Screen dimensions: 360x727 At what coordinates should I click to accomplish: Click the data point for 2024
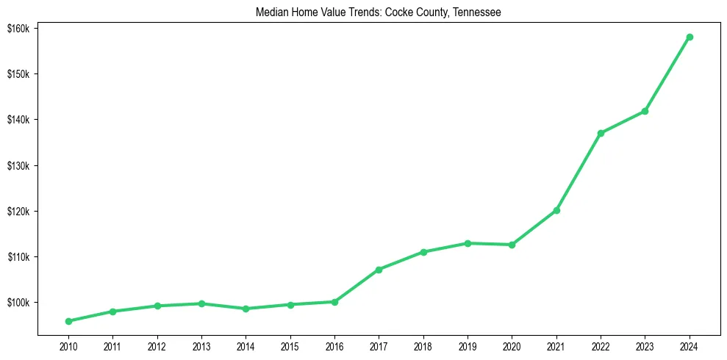pos(690,37)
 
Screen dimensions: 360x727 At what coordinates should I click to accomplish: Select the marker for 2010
pos(68,321)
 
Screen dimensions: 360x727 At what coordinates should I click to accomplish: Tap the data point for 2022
pos(601,133)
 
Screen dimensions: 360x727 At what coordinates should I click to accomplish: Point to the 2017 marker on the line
pos(379,270)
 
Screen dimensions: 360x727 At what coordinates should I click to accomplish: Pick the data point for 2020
pos(512,245)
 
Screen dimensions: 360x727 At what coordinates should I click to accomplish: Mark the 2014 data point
pos(246,309)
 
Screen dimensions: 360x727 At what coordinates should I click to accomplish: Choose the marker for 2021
pos(556,210)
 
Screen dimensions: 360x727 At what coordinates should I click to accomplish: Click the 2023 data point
pos(645,111)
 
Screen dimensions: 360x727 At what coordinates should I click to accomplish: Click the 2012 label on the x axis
pos(157,346)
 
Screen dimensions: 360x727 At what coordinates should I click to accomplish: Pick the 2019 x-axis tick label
pos(468,346)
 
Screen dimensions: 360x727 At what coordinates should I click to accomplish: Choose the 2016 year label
pos(334,346)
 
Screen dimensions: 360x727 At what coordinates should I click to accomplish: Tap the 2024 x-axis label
pos(690,346)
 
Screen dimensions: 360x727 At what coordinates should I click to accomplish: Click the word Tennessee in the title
pos(478,12)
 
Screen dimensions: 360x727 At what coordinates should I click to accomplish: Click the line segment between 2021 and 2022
pos(579,172)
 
